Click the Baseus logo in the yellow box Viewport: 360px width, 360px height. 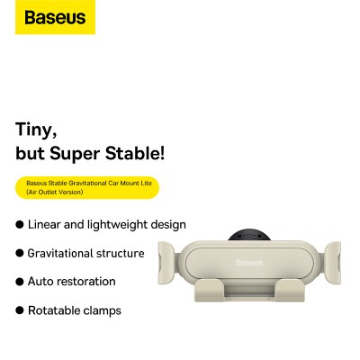[55, 17]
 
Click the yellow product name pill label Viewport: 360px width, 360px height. [86, 186]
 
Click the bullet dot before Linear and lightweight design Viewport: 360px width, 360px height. [20, 225]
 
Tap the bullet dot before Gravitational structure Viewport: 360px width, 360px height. [20, 254]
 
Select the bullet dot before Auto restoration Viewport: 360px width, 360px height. [20, 282]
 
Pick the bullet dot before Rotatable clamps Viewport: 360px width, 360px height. [20, 310]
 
